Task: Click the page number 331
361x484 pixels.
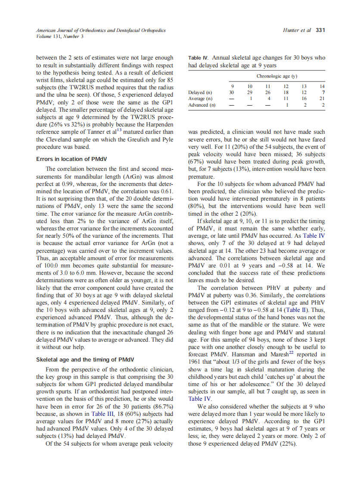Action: (320, 30)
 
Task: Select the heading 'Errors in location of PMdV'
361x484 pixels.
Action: (69, 159)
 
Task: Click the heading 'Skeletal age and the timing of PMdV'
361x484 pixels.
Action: (85, 359)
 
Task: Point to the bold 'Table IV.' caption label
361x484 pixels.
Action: (199, 58)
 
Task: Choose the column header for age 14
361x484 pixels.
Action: (323, 86)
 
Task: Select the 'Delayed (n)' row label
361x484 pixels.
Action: (200, 92)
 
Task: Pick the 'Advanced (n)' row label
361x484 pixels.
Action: (202, 105)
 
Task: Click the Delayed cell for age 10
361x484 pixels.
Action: (249, 92)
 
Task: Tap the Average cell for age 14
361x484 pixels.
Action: (323, 99)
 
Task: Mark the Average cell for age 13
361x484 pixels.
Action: (304, 99)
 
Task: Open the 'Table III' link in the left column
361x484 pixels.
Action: (102, 413)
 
